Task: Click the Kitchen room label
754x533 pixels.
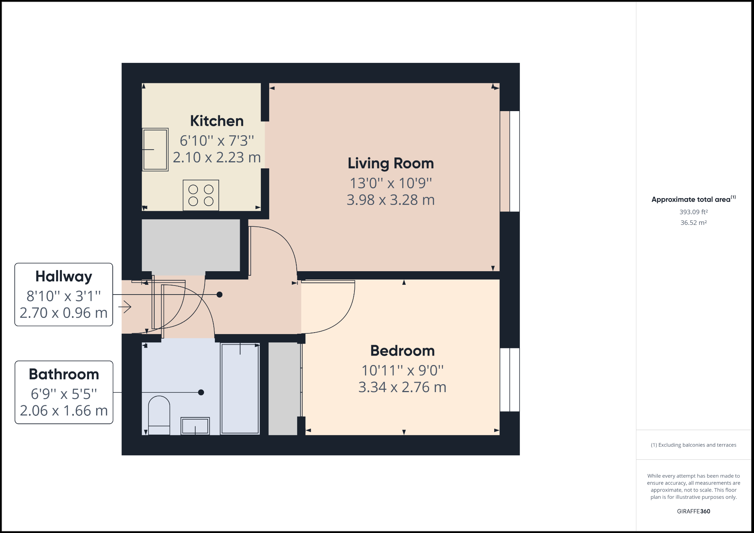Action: click(x=217, y=121)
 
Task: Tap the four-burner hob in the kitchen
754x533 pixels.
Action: click(x=201, y=195)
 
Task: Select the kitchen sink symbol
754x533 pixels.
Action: click(x=155, y=150)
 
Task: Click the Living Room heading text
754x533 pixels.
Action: click(x=391, y=163)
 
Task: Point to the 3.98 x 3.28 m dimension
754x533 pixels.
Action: click(x=391, y=200)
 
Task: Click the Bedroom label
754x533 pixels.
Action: click(x=402, y=351)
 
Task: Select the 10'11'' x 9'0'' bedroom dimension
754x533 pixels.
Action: click(x=402, y=371)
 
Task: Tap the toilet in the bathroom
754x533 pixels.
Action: click(x=159, y=415)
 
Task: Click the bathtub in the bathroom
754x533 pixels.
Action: click(x=240, y=389)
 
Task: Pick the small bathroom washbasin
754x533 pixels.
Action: click(x=195, y=426)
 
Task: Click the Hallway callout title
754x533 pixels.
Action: click(x=64, y=276)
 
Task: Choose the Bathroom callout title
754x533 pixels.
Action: click(x=64, y=374)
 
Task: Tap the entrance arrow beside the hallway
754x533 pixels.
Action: click(x=125, y=307)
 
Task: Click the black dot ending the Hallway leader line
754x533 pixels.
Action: click(x=219, y=295)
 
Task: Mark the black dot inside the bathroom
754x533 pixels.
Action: click(x=201, y=392)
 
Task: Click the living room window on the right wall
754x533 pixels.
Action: click(x=510, y=161)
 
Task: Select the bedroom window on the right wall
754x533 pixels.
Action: click(x=510, y=380)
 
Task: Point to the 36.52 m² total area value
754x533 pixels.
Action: click(x=693, y=223)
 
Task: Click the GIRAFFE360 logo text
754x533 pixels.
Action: click(x=693, y=511)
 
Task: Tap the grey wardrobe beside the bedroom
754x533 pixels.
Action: click(x=283, y=389)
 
